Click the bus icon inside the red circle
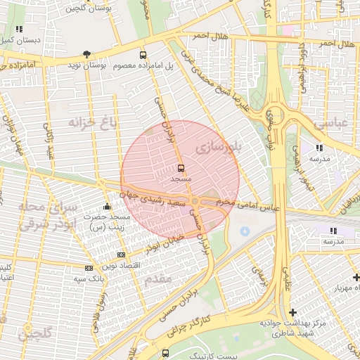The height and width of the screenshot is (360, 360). click(x=181, y=169)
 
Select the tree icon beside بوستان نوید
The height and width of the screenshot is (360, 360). click(x=86, y=54)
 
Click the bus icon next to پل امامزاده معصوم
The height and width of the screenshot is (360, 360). click(x=143, y=54)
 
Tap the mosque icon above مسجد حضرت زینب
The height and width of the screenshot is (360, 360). click(x=107, y=207)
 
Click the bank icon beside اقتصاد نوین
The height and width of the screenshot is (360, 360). click(x=121, y=255)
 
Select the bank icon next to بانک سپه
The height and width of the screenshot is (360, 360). click(x=89, y=268)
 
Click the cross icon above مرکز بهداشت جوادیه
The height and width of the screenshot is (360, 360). click(x=292, y=311)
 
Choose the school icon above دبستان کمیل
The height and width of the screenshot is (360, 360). click(x=18, y=30)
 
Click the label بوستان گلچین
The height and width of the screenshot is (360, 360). click(x=82, y=9)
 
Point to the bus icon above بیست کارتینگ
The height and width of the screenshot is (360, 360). click(x=165, y=352)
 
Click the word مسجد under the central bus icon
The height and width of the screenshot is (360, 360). click(x=181, y=180)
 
